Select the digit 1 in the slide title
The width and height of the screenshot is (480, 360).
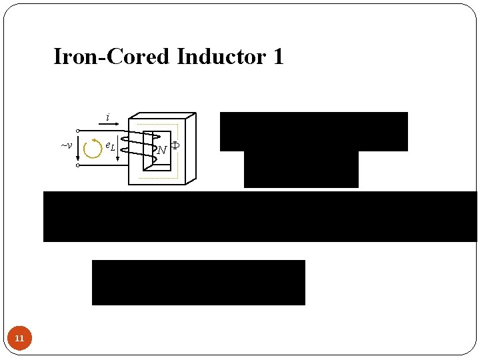[x=278, y=57]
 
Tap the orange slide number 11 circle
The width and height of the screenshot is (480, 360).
[x=19, y=339]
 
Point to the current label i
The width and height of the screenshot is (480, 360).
[x=108, y=117]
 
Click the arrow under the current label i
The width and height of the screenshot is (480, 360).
[x=108, y=124]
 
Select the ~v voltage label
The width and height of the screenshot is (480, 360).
[x=66, y=145]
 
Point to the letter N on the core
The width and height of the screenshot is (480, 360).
[x=161, y=150]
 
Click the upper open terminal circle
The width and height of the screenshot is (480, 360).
[x=77, y=131]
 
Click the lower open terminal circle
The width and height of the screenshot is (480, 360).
[x=77, y=165]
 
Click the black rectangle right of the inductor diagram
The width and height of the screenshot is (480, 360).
[x=313, y=131]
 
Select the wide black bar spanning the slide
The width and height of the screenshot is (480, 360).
[x=260, y=216]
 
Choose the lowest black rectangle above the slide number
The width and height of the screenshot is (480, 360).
[x=198, y=282]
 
